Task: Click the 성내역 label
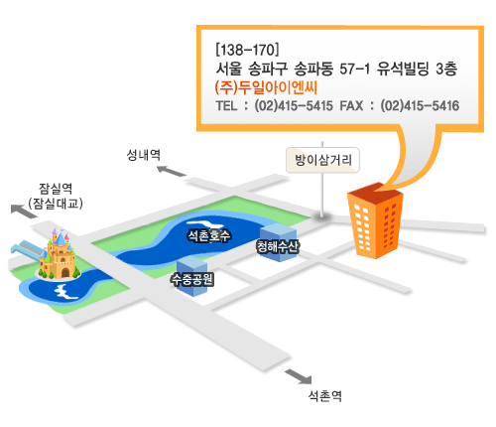tap(144, 155)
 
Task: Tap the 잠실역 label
tap(56, 189)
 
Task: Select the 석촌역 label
tap(324, 395)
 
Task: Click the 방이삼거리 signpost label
tap(322, 160)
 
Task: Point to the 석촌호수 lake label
tap(209, 235)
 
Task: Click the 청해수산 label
tap(278, 246)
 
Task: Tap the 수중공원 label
tap(192, 279)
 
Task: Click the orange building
tap(375, 220)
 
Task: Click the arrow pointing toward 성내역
tap(172, 171)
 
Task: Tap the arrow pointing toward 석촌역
tap(299, 376)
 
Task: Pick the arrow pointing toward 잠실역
tap(24, 212)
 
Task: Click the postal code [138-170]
tap(247, 50)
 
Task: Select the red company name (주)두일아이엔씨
tap(266, 87)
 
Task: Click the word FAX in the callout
tap(351, 106)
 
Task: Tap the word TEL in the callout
tap(226, 106)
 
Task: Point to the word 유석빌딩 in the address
tap(403, 69)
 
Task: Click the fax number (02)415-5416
tap(420, 106)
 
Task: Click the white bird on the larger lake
tap(201, 224)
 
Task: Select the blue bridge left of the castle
tap(27, 248)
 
